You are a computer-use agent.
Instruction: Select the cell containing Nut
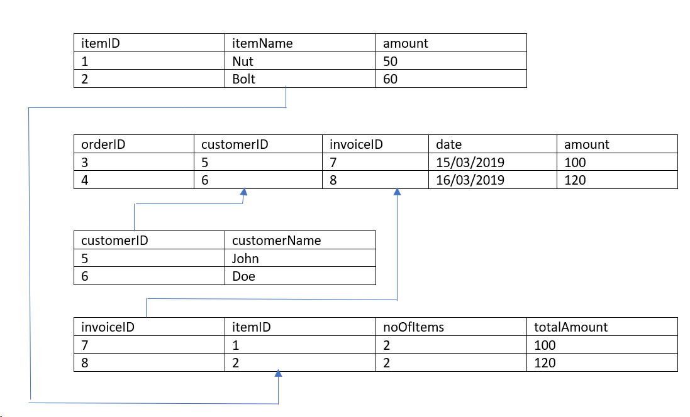tap(242, 62)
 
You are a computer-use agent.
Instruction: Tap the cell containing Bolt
tap(243, 79)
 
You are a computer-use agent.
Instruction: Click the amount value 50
tap(390, 62)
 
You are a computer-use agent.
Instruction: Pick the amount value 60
tap(390, 79)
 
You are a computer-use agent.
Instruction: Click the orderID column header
tap(103, 144)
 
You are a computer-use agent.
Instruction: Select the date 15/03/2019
tap(470, 162)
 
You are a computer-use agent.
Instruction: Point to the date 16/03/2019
tap(470, 180)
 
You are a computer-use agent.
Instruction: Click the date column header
tap(448, 144)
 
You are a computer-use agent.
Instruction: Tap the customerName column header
tap(276, 240)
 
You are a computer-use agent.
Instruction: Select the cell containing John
tap(245, 258)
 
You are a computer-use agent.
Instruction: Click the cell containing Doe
tap(243, 276)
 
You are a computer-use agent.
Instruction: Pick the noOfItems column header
tap(413, 327)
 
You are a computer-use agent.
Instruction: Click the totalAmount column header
tap(570, 327)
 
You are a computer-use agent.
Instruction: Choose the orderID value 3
tap(85, 162)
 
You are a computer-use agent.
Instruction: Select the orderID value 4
tap(85, 180)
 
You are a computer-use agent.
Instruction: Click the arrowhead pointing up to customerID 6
tap(243, 192)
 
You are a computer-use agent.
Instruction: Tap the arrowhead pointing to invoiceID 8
tap(397, 192)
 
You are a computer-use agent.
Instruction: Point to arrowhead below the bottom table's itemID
tap(278, 374)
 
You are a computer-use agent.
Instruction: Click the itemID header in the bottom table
tap(251, 327)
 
